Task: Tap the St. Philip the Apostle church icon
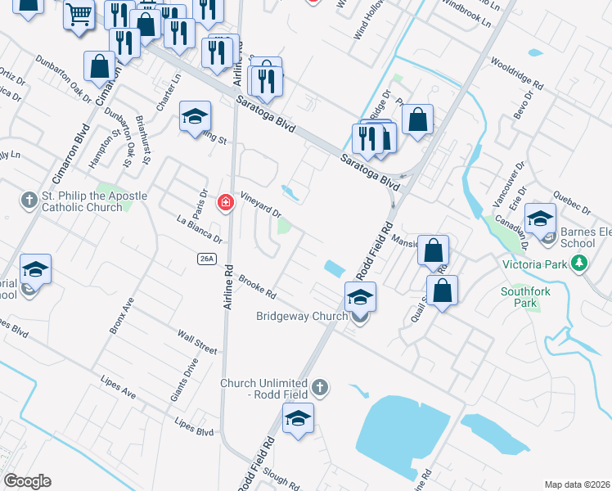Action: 29,199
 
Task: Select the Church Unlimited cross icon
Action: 319,386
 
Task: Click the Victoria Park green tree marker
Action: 580,264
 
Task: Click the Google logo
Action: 27,481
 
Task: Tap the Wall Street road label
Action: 197,342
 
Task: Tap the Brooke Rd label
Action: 258,286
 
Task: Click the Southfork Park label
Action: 519,296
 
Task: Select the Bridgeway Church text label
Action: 290,316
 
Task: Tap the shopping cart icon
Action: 79,14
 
